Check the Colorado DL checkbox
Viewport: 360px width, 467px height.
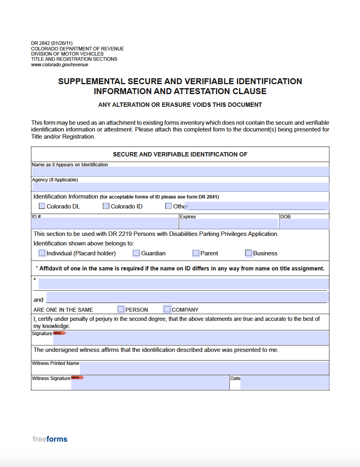click(x=42, y=206)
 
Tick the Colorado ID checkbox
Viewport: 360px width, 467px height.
click(x=106, y=206)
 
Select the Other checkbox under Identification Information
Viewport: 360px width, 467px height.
click(x=168, y=206)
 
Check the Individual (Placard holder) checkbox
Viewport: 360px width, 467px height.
click(x=42, y=253)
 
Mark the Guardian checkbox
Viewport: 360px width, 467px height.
click(x=136, y=253)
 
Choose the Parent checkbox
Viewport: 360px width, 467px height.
click(x=195, y=253)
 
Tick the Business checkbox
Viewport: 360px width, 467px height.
click(x=248, y=253)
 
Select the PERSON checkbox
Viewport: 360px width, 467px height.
click(x=121, y=309)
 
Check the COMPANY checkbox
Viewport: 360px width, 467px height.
click(x=167, y=309)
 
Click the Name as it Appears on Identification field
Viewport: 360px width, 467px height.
click(x=180, y=172)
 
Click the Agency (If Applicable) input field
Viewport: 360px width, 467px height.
click(x=180, y=187)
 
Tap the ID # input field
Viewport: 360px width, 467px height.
click(x=105, y=224)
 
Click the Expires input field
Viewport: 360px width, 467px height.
click(x=228, y=224)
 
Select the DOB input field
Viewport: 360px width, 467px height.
click(x=304, y=224)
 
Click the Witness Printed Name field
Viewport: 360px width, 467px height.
click(x=204, y=368)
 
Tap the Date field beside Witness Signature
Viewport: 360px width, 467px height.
click(x=285, y=383)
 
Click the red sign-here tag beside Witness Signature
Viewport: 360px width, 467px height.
click(x=77, y=378)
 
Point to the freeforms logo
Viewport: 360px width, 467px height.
click(x=50, y=439)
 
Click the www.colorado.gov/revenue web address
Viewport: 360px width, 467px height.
click(x=60, y=65)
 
